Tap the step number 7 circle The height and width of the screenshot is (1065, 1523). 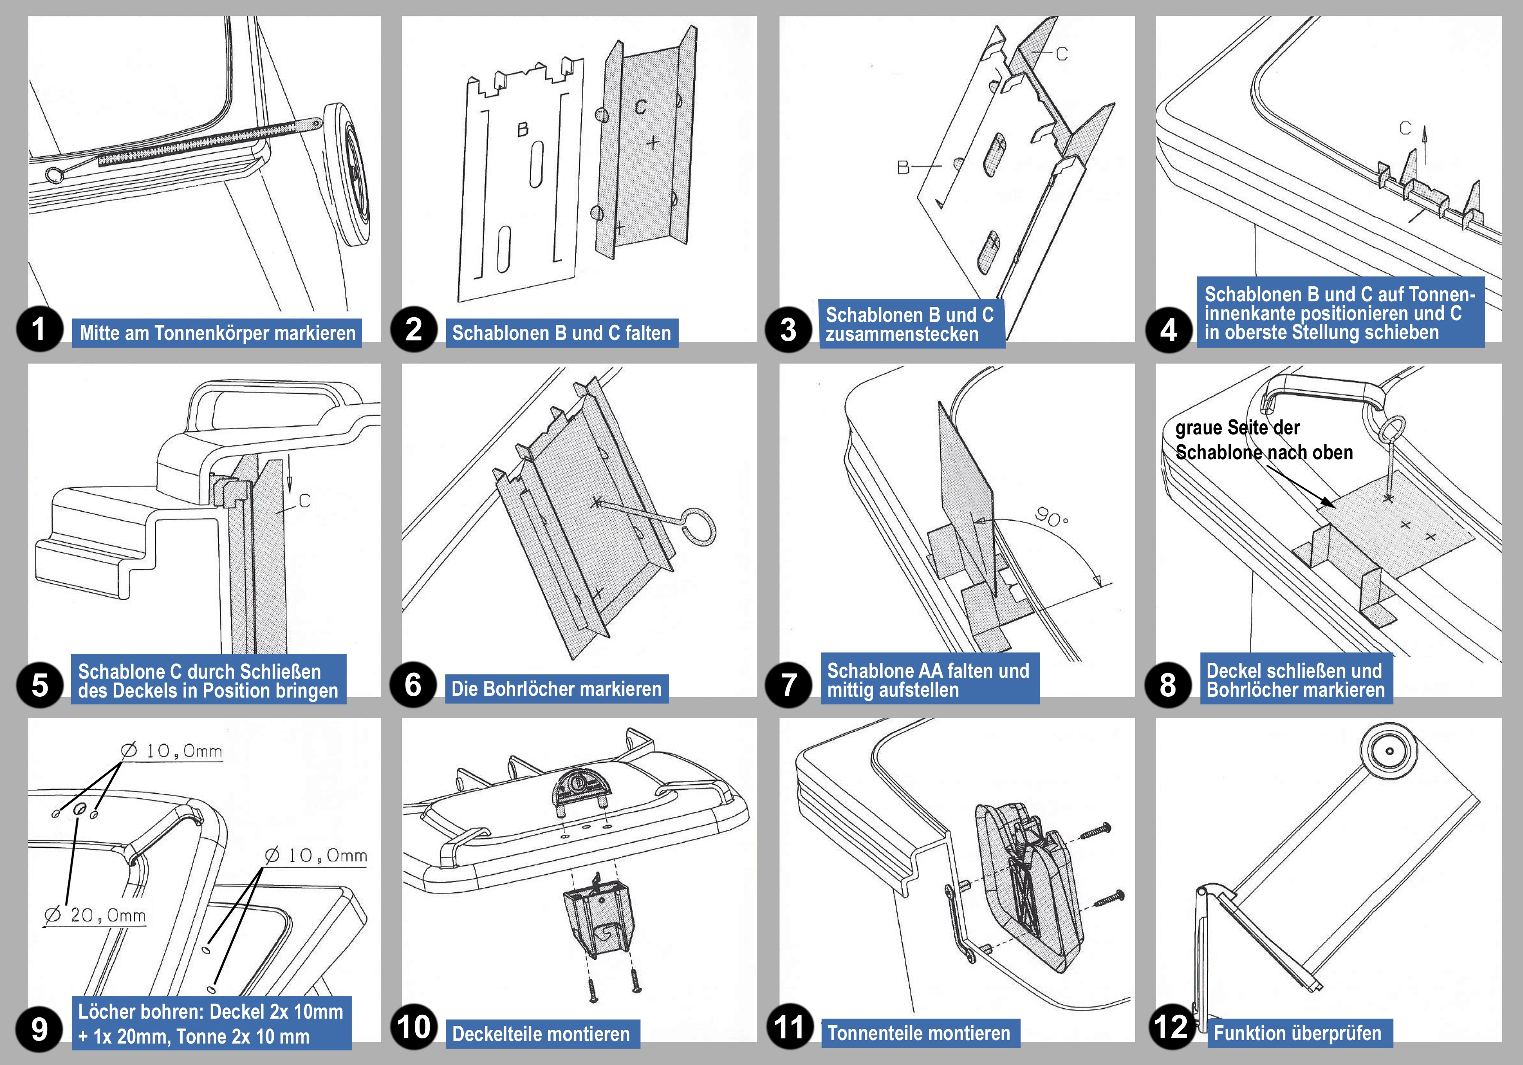788,685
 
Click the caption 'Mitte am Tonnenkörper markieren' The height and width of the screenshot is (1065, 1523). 217,332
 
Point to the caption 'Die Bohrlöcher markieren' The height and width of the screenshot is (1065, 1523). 556,689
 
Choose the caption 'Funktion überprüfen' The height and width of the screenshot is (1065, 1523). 1297,1033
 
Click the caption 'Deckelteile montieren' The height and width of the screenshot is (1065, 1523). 541,1034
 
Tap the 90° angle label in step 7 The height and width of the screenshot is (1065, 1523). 1052,517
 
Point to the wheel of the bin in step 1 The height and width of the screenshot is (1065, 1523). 350,174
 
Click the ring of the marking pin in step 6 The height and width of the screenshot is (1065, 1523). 698,527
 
